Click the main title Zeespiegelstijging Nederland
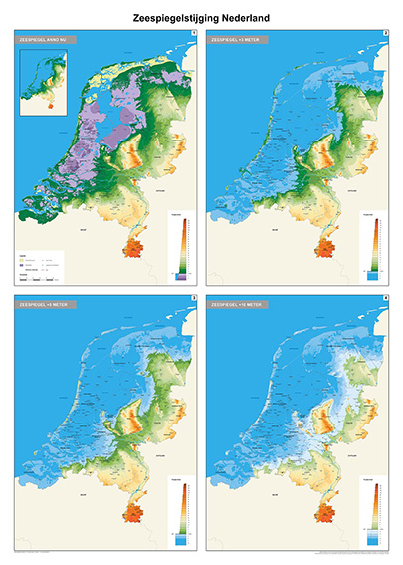coord(201,18)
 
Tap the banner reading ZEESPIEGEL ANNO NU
coord(46,39)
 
